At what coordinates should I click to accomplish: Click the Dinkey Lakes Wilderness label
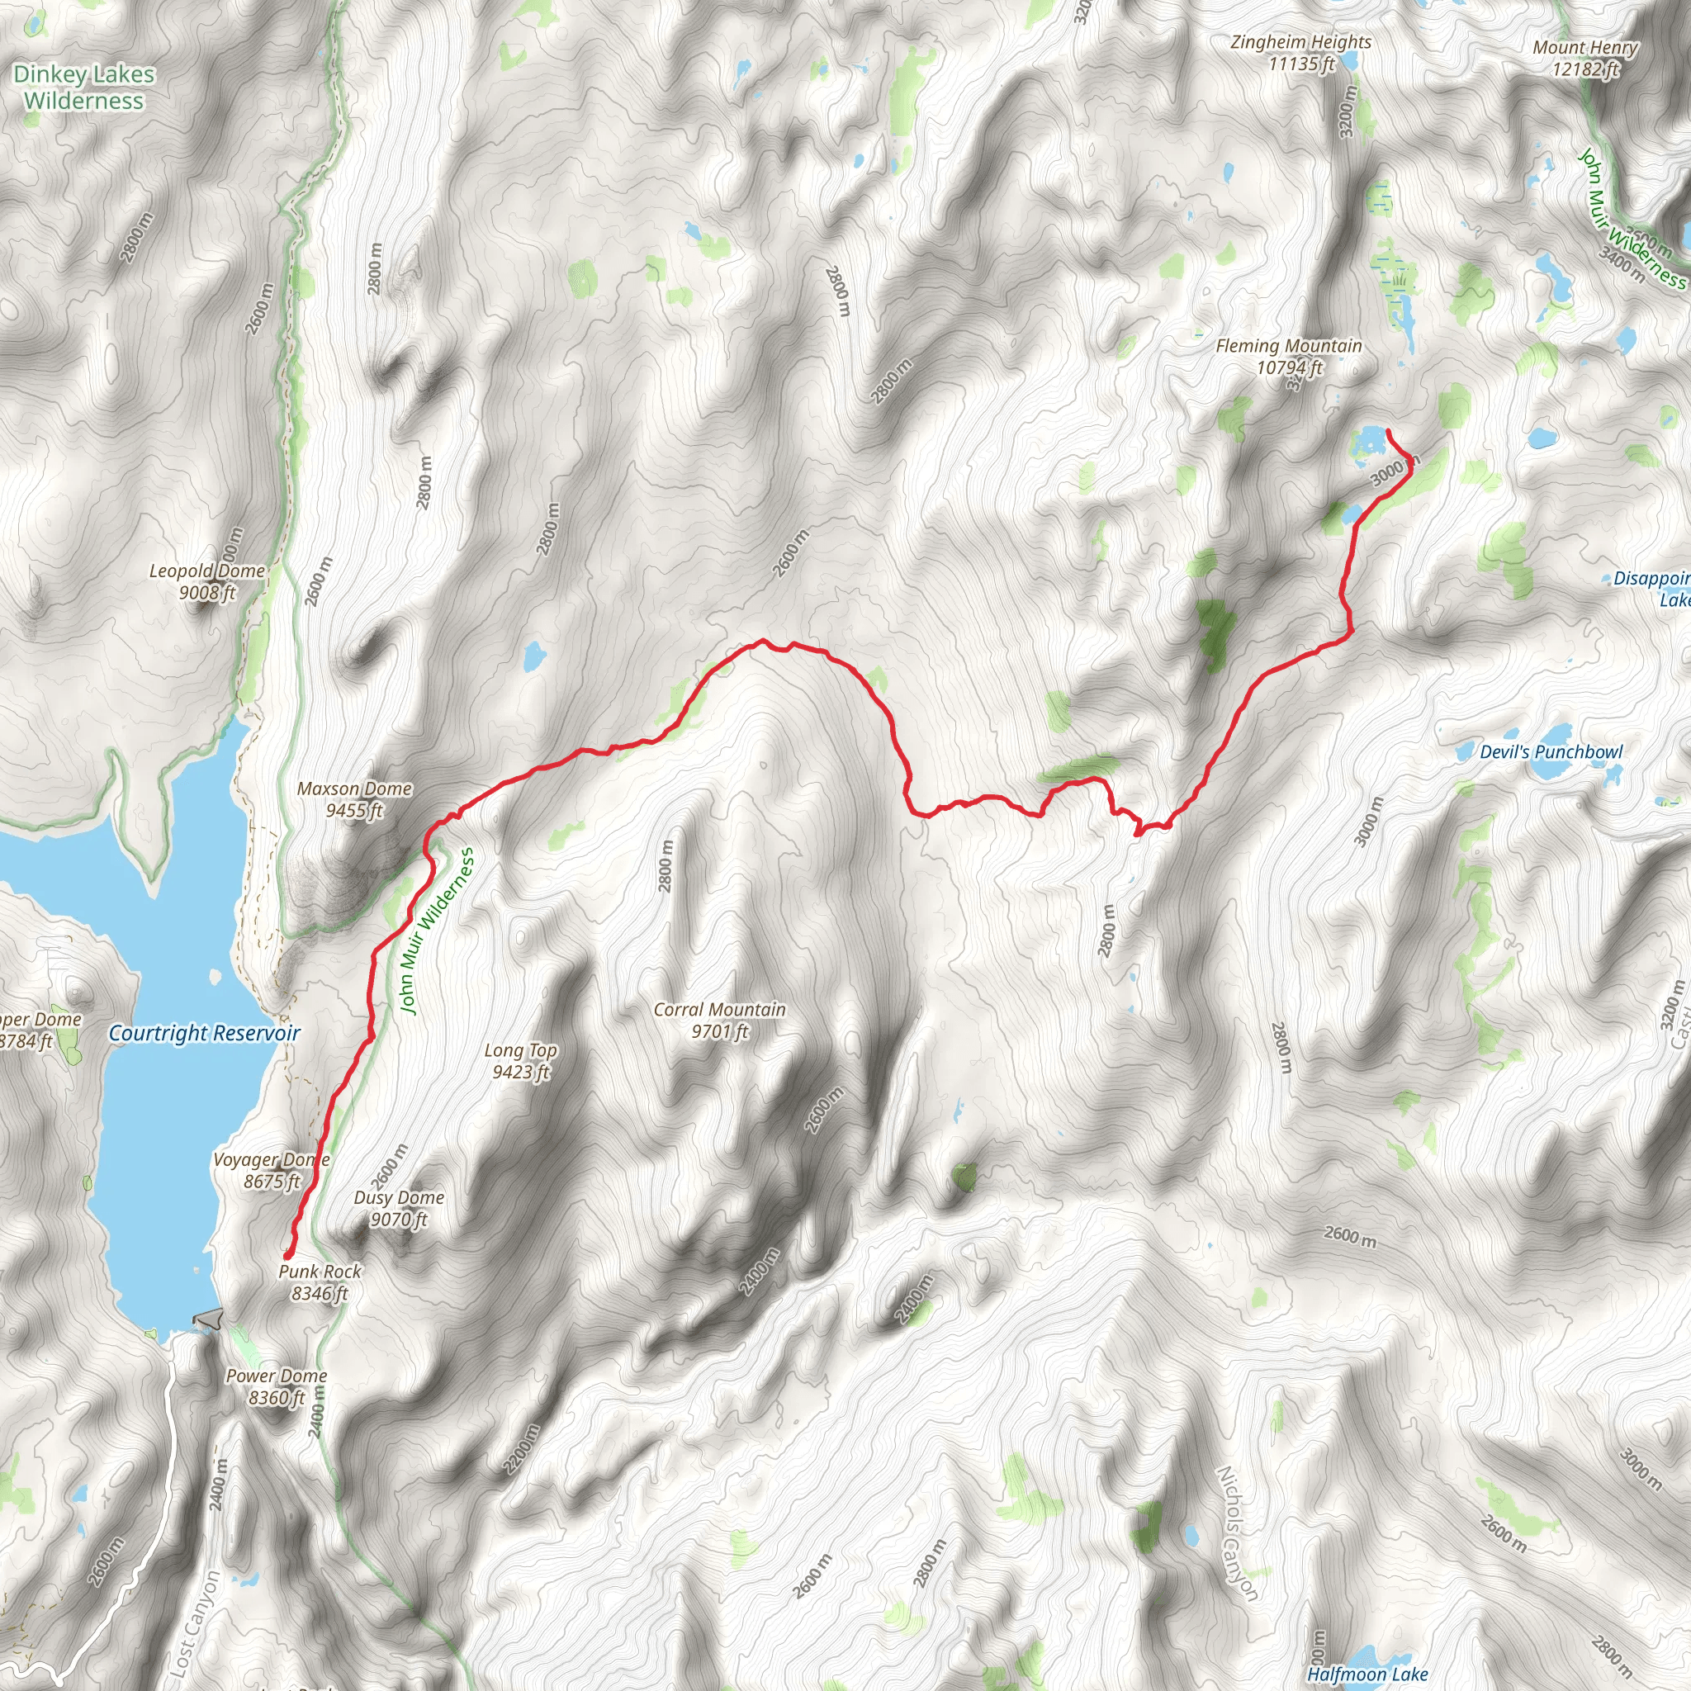pos(84,88)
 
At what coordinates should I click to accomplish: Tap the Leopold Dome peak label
pos(207,581)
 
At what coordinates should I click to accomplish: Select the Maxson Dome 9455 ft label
pos(354,799)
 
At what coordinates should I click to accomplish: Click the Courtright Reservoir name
pos(204,1033)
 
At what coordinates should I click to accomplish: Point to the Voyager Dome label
pos(272,1170)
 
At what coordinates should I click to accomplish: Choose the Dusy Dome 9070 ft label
pos(399,1208)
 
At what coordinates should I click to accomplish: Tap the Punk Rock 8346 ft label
pos(320,1281)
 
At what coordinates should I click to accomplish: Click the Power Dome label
pos(277,1386)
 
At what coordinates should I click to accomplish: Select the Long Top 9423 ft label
pos(521,1060)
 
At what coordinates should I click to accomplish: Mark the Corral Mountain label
pos(719,1020)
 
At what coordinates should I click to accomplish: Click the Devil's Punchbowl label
pos(1551,752)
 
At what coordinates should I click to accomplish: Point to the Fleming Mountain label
pos(1288,356)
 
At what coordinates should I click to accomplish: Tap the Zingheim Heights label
pos(1300,53)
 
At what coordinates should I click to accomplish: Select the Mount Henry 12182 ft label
pos(1585,58)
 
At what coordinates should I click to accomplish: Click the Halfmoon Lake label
pos(1367,1674)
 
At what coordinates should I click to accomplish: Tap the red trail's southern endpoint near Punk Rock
pos(287,1256)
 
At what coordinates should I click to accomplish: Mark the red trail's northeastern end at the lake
pos(1388,431)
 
